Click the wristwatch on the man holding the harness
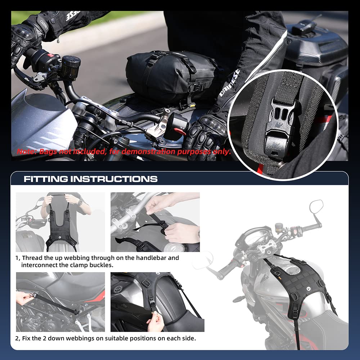[80, 203]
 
